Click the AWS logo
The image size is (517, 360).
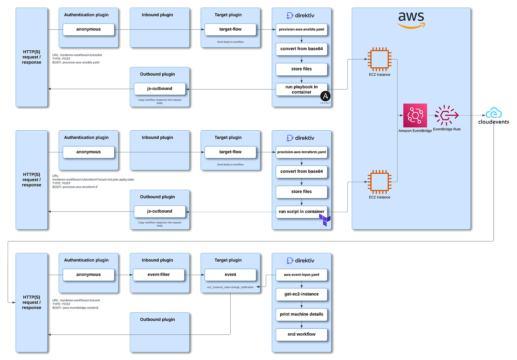coord(411,20)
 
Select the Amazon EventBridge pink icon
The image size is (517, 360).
coord(415,115)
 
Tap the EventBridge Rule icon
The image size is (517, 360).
coord(447,115)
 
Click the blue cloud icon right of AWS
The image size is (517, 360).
coord(494,114)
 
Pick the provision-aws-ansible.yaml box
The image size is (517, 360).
coord(302,29)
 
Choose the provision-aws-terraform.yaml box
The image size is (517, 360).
coord(302,152)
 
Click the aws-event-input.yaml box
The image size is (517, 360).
coord(302,275)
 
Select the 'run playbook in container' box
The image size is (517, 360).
coord(301,90)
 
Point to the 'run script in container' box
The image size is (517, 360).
coord(301,211)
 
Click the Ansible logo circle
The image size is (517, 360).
coord(325,96)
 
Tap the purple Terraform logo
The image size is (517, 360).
coord(325,220)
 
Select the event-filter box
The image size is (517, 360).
coord(159,275)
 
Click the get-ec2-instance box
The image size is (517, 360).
coord(302,294)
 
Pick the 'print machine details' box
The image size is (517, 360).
coord(302,314)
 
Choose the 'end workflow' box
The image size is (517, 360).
coord(302,334)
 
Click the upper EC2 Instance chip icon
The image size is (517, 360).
coord(379,59)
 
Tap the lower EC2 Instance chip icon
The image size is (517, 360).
coord(379,182)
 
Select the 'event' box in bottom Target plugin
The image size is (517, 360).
coord(230,275)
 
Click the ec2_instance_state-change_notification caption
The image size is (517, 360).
coord(230,287)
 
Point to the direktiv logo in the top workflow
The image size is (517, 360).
coord(300,16)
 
